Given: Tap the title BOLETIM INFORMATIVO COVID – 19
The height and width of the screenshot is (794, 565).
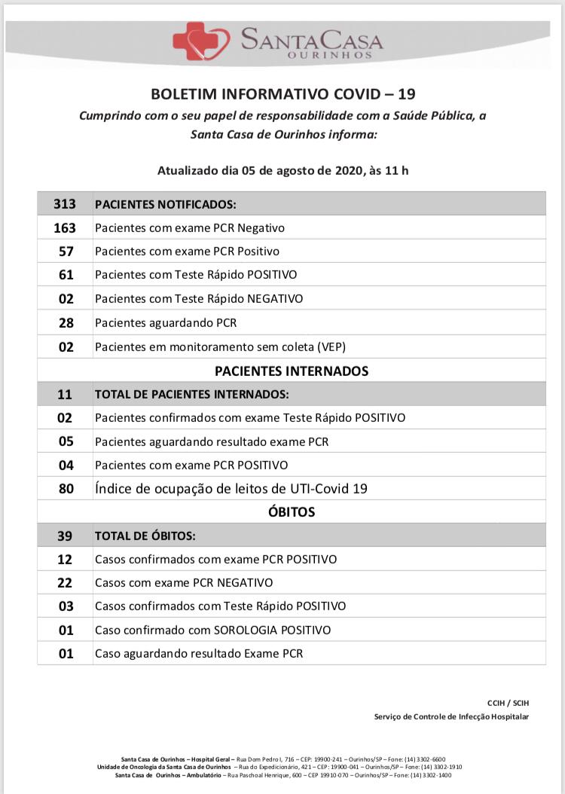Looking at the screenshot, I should tap(282, 94).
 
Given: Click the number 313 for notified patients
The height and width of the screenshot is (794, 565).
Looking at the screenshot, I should tap(65, 204).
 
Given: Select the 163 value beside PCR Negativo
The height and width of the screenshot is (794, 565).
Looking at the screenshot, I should tap(65, 228).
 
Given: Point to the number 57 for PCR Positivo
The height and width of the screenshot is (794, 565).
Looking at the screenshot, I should tap(66, 251).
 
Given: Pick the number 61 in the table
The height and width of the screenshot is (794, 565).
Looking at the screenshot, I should tap(66, 275).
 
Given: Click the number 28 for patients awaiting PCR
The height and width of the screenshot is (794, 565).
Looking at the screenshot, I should tap(66, 323).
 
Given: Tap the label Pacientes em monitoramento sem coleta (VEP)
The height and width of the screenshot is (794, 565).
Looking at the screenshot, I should tap(220, 347).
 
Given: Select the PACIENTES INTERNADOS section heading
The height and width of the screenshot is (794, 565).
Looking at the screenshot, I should tap(291, 371).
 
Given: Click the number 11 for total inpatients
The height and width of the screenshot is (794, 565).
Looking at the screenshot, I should tap(66, 394).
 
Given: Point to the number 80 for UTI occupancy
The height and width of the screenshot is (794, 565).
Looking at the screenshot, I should tap(66, 489).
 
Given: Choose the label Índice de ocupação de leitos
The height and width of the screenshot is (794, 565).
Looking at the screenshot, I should tap(231, 489).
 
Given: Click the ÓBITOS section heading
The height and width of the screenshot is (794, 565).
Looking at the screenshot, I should tap(291, 512).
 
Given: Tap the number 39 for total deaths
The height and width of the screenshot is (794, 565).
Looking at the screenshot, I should tap(66, 536).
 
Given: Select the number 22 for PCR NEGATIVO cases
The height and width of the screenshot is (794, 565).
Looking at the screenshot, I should tap(66, 583).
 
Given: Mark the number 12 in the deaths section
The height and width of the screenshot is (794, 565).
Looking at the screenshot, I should tap(66, 560).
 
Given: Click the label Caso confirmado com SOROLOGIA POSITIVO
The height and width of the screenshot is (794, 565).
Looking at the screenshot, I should tap(212, 630).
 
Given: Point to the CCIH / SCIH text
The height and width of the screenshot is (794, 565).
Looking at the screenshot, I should tap(508, 703).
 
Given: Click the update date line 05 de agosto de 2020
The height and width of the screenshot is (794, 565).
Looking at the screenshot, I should tap(282, 170).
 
